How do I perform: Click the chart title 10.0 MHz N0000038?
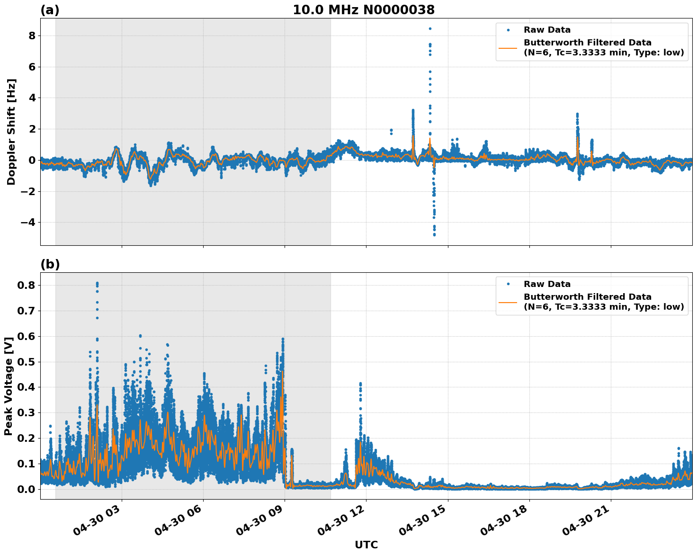click(x=363, y=10)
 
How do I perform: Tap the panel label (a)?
click(x=50, y=10)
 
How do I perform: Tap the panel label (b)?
click(x=50, y=265)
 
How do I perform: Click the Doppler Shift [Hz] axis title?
click(x=11, y=132)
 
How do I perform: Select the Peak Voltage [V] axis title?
click(x=8, y=386)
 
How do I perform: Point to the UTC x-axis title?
click(x=366, y=545)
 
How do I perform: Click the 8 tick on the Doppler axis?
click(x=32, y=36)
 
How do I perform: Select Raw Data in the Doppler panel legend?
click(x=547, y=30)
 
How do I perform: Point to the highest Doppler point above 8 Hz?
click(x=430, y=28)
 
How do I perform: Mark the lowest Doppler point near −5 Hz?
click(x=434, y=234)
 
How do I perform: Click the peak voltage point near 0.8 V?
click(x=97, y=283)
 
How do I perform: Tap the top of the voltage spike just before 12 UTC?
click(x=360, y=383)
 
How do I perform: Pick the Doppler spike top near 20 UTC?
click(x=577, y=114)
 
